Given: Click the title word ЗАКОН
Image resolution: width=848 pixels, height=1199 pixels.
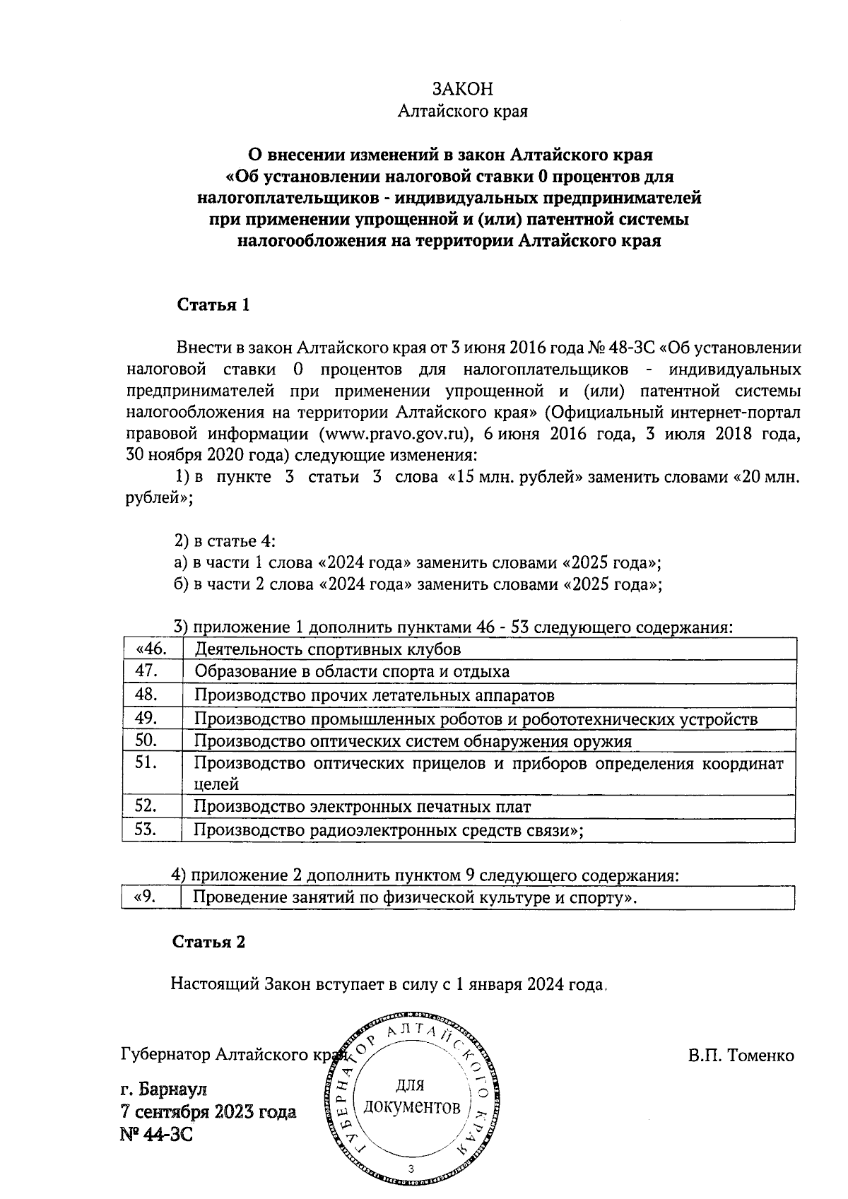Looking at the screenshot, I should pos(463,89).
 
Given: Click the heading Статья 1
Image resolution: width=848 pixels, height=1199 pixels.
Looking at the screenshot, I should pos(213,305).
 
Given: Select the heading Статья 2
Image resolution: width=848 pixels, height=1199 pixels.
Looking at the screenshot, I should pos(209,942).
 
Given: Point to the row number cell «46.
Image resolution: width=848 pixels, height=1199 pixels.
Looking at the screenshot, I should pos(151,649).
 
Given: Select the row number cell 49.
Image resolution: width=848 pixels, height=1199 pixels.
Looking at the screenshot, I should pos(146,718).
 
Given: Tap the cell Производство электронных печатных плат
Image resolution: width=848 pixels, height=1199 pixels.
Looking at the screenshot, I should pos(363,806).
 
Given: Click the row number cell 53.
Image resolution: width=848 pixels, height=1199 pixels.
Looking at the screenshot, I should pos(146,829).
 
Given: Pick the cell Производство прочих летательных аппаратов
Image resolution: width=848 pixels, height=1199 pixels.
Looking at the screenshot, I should pos(375,695).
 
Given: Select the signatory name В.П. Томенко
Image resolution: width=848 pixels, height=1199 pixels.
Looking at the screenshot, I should pos(741,1056).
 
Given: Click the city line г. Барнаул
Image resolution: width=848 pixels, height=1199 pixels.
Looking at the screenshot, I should pos(164,1088).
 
